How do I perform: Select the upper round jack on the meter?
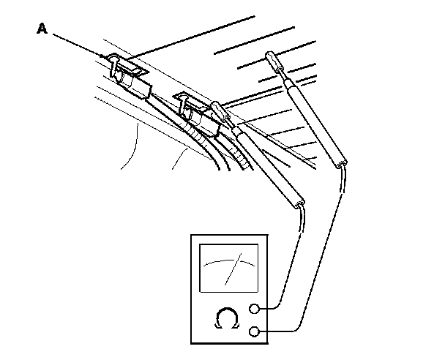(x=255, y=309)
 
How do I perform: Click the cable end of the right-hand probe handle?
(x=342, y=163)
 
